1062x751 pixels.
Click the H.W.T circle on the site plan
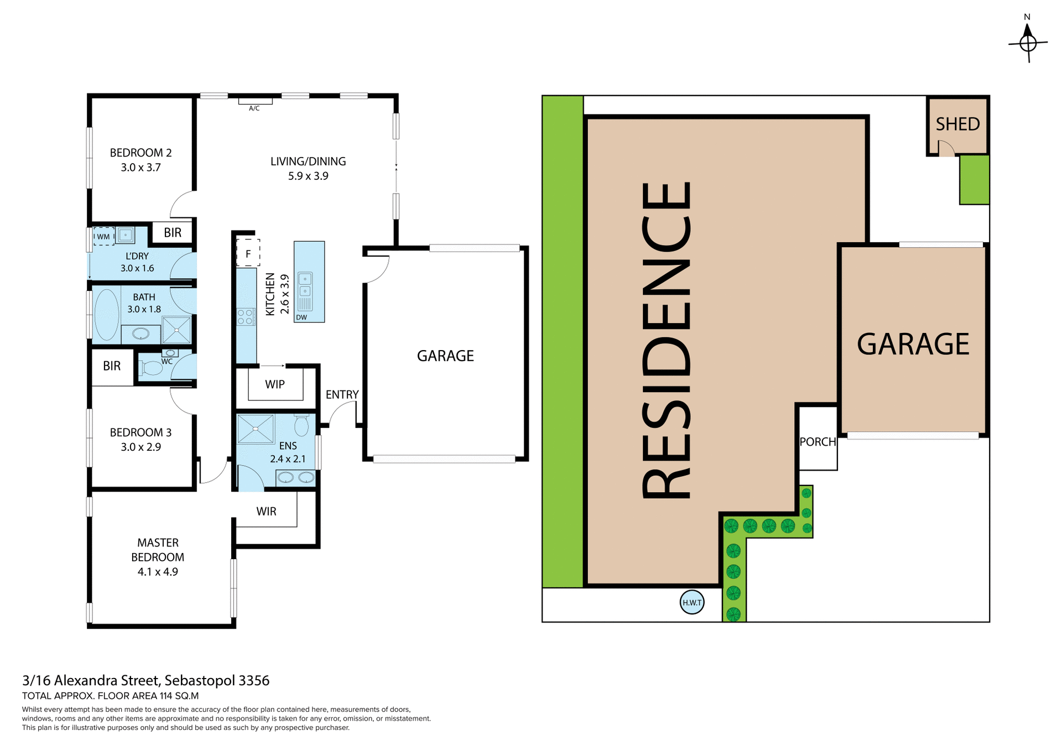point(691,602)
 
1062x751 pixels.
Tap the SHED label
point(957,124)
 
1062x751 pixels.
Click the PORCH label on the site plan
point(818,442)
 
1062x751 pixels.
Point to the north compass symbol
point(1028,41)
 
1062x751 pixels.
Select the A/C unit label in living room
point(254,108)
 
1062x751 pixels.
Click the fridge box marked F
point(248,254)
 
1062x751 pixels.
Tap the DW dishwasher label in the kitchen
point(301,317)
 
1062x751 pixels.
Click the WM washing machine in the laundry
point(103,237)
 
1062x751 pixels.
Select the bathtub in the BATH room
point(107,314)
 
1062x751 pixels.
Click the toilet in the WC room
point(150,368)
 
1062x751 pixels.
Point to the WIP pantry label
point(275,384)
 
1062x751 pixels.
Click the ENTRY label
point(342,394)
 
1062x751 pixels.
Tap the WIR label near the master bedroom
point(266,512)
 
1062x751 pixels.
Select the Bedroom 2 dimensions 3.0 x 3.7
point(140,168)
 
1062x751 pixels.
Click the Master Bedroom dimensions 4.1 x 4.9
point(158,572)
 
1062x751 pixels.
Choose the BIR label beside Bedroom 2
point(173,233)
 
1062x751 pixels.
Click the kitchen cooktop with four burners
point(246,317)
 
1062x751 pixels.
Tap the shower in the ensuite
point(255,429)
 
